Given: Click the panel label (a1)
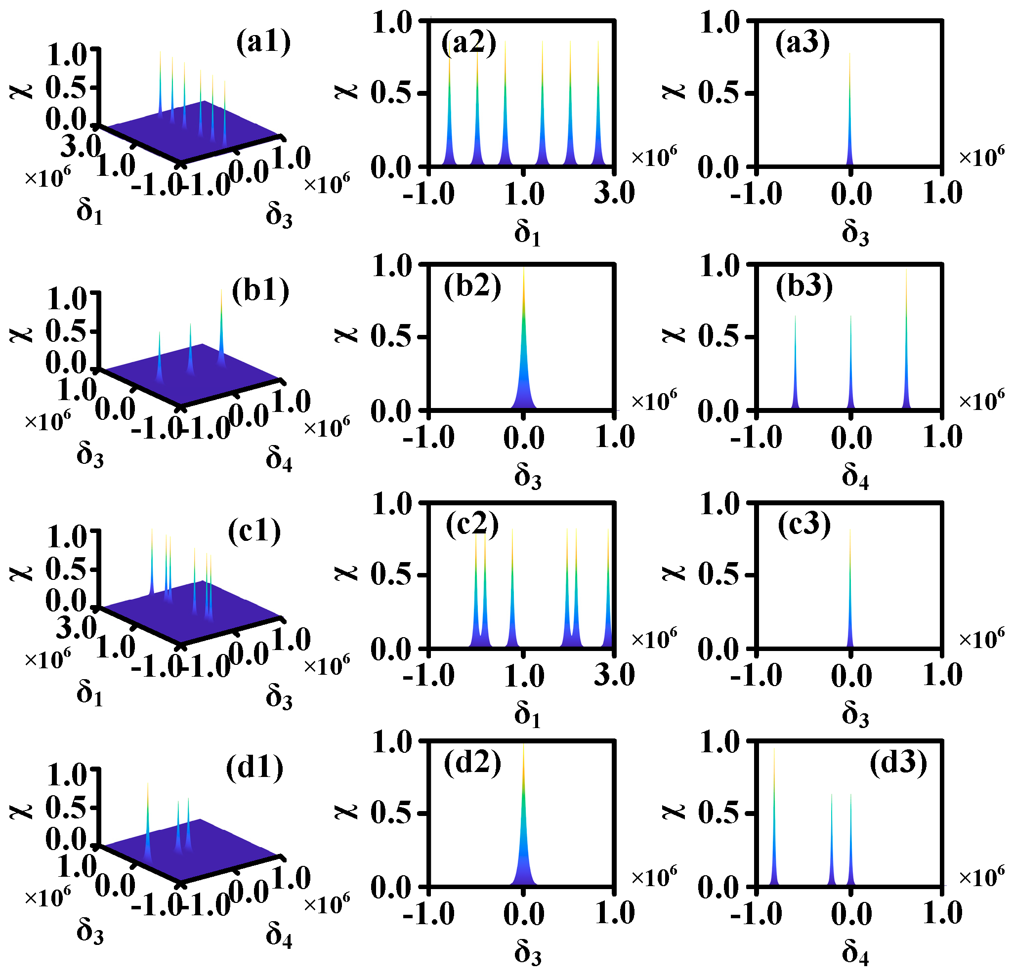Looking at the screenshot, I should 263,42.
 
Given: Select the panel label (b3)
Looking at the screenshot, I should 804,285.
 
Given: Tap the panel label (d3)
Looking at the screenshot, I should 898,763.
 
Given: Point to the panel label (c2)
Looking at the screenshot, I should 472,525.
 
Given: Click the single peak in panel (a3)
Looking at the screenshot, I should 849,114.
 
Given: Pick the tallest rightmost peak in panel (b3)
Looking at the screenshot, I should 906,341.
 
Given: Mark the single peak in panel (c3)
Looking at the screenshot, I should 849,594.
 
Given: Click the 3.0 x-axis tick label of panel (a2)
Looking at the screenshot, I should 614,194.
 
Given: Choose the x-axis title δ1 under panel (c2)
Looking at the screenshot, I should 527,715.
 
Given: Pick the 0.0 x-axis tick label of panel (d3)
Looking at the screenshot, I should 851,914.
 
